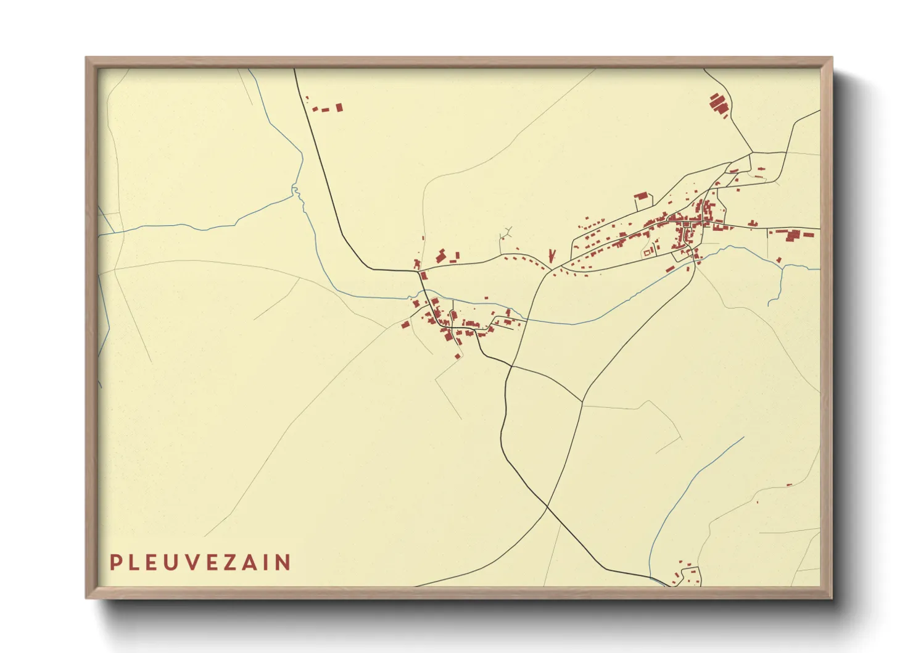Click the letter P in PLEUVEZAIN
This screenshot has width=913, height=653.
115,562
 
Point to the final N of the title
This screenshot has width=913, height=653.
283,562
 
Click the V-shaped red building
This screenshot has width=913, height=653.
551,254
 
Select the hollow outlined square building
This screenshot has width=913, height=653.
647,252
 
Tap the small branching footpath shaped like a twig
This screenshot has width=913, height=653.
506,234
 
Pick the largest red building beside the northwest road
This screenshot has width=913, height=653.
339,107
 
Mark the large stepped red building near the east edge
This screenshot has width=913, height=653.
791,234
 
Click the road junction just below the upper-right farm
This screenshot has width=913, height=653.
752,152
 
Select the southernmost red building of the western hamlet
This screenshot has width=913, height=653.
457,356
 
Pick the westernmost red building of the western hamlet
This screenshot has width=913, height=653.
405,324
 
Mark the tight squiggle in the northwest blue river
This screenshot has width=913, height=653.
295,191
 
